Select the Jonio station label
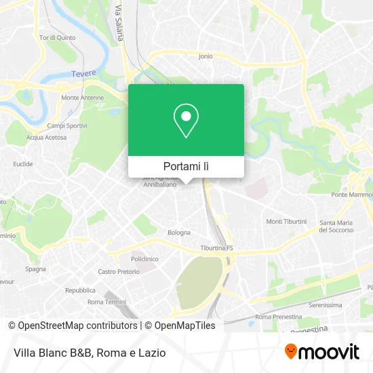205,56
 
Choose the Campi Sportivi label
66,126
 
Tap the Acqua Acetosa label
46,137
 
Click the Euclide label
22,164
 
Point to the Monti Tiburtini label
286,222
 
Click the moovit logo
321,351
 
